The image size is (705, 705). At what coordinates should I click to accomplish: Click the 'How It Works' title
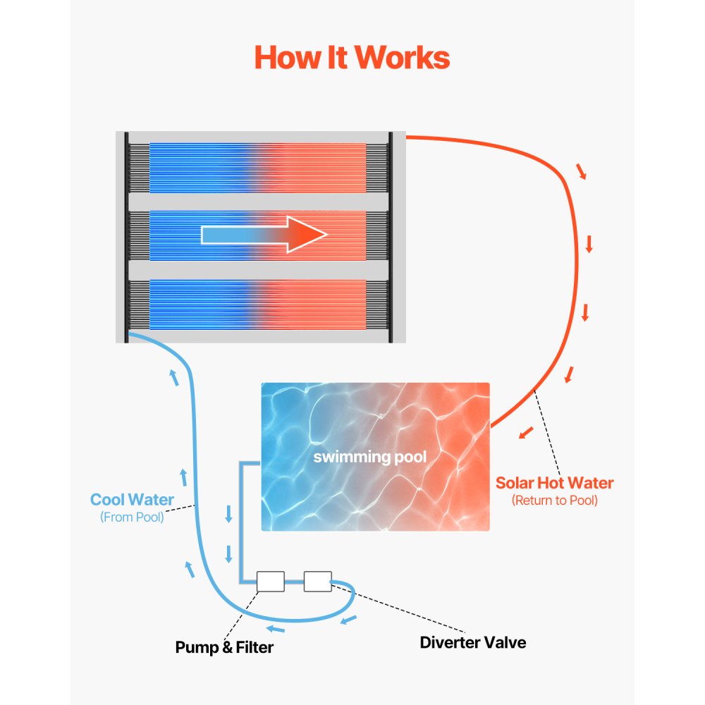(352, 57)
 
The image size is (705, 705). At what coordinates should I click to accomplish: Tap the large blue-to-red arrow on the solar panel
(264, 234)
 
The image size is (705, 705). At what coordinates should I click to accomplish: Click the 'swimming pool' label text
(370, 457)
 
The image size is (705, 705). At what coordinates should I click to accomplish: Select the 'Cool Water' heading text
(132, 500)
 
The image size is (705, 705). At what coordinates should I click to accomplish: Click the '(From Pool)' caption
(132, 517)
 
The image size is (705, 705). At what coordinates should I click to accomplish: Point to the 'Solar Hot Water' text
(554, 483)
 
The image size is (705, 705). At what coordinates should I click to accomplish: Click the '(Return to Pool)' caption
(554, 501)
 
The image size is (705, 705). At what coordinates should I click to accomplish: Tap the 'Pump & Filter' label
(224, 646)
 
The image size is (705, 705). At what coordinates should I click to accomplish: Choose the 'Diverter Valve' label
(472, 642)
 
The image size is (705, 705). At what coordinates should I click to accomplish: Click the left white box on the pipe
(270, 581)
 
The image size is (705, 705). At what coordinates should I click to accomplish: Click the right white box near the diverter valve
(317, 581)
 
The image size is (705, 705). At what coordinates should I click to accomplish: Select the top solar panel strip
(258, 168)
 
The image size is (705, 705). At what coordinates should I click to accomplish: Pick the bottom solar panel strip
(258, 305)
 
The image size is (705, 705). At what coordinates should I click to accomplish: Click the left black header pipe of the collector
(126, 237)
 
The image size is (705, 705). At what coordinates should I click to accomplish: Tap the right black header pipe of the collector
(390, 237)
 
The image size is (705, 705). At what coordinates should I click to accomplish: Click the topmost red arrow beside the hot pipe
(581, 172)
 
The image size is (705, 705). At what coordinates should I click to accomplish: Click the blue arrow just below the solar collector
(173, 378)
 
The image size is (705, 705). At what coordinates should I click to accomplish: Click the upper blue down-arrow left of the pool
(228, 515)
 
